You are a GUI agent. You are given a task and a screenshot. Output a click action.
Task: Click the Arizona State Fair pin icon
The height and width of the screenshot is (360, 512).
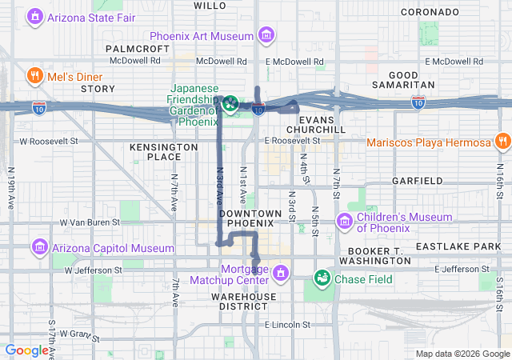35,16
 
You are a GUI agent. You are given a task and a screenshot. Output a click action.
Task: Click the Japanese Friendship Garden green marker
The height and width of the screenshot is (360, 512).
230,102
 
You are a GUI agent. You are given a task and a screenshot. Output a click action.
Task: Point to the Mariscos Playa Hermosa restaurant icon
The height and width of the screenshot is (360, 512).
502,142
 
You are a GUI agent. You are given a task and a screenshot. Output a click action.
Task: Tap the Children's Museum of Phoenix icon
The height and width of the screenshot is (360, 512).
345,221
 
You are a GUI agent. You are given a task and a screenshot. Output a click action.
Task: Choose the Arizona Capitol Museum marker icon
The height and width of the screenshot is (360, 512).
39,247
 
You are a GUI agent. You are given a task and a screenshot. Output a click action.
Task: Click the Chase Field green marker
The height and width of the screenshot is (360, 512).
322,278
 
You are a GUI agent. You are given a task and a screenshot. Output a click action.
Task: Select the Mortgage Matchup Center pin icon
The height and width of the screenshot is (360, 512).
280,274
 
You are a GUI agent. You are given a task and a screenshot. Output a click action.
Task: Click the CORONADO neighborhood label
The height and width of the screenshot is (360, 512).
429,12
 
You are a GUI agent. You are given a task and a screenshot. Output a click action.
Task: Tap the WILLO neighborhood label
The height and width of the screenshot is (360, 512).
210,6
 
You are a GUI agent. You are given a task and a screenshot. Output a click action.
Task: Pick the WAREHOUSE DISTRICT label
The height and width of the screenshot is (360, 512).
244,302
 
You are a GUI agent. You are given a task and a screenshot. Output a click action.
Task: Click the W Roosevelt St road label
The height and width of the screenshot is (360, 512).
49,141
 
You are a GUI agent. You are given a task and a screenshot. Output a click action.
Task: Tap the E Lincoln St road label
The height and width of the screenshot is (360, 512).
286,325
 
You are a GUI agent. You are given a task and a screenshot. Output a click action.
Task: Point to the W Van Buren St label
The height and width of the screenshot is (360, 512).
90,222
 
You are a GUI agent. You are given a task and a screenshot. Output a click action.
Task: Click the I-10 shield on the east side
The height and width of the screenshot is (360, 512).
418,102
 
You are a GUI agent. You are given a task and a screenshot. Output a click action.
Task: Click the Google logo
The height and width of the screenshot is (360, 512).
26,350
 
